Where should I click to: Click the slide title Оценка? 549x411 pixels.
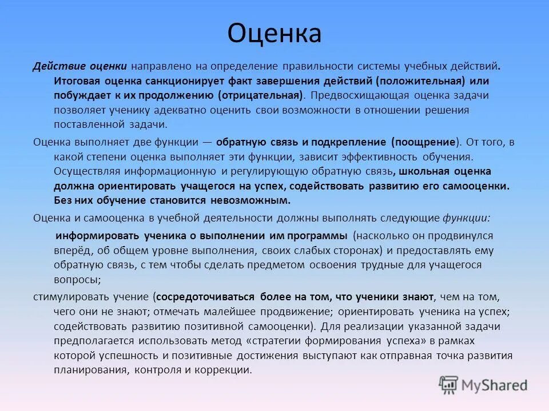point(274,34)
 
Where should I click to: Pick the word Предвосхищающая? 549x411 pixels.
point(360,95)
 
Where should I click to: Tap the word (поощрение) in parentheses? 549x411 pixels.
point(425,142)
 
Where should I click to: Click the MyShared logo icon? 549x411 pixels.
point(449,385)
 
